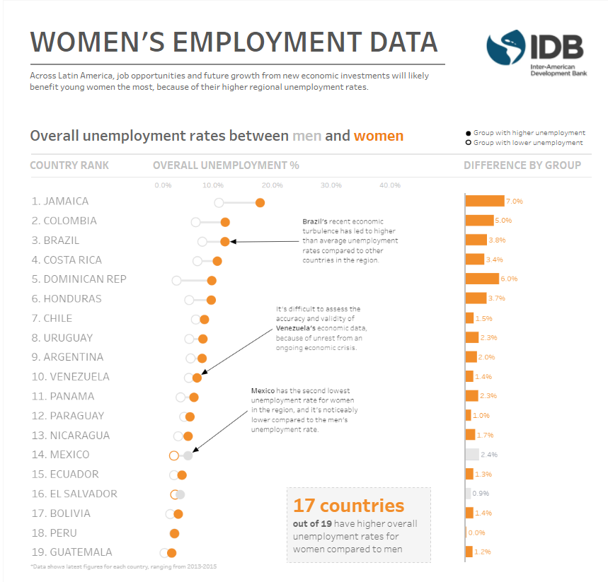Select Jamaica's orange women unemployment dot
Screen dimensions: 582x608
(260, 203)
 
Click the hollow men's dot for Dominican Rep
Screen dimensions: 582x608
(176, 281)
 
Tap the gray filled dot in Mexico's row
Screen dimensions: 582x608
(188, 455)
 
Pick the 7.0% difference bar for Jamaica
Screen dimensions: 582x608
(485, 201)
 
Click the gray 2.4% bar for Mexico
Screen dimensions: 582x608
(472, 455)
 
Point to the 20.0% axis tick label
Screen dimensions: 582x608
(272, 185)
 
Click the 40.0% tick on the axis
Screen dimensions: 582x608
(390, 185)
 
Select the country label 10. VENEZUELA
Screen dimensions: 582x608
(70, 376)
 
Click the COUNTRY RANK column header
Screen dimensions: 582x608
(69, 165)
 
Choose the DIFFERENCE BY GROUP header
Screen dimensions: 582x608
(522, 165)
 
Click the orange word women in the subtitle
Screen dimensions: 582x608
(378, 136)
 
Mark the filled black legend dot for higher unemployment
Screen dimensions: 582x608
(469, 133)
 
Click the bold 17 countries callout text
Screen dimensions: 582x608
(348, 506)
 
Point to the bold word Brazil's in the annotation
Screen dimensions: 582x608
(315, 221)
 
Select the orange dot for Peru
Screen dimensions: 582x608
(174, 533)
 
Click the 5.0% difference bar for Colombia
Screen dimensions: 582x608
(479, 221)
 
